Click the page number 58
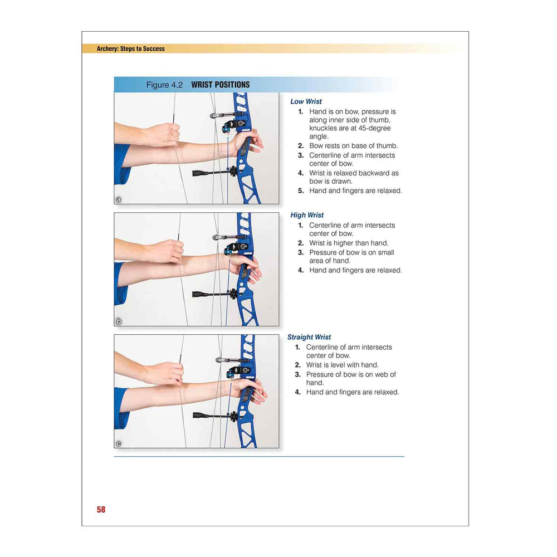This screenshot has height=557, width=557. pyautogui.click(x=101, y=510)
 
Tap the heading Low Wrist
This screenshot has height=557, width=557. pyautogui.click(x=306, y=101)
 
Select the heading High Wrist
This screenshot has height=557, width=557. pyautogui.click(x=307, y=215)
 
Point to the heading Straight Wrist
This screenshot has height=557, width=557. pyautogui.click(x=309, y=337)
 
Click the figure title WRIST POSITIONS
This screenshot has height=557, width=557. pyautogui.click(x=220, y=85)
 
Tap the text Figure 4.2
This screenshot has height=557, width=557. pyautogui.click(x=164, y=85)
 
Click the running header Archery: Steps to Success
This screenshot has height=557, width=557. pyautogui.click(x=131, y=48)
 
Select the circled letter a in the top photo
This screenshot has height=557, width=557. pyautogui.click(x=119, y=199)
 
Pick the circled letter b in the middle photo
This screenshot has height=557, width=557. pyautogui.click(x=119, y=321)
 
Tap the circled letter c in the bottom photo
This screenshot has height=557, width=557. pyautogui.click(x=119, y=443)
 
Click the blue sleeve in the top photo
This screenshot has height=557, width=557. pyautogui.click(x=122, y=164)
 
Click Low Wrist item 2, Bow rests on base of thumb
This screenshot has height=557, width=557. pyautogui.click(x=354, y=145)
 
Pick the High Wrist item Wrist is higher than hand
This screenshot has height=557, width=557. pyautogui.click(x=349, y=243)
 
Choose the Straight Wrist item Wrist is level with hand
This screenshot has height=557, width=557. pyautogui.click(x=343, y=365)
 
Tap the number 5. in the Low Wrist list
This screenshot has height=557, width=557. pyautogui.click(x=301, y=190)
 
